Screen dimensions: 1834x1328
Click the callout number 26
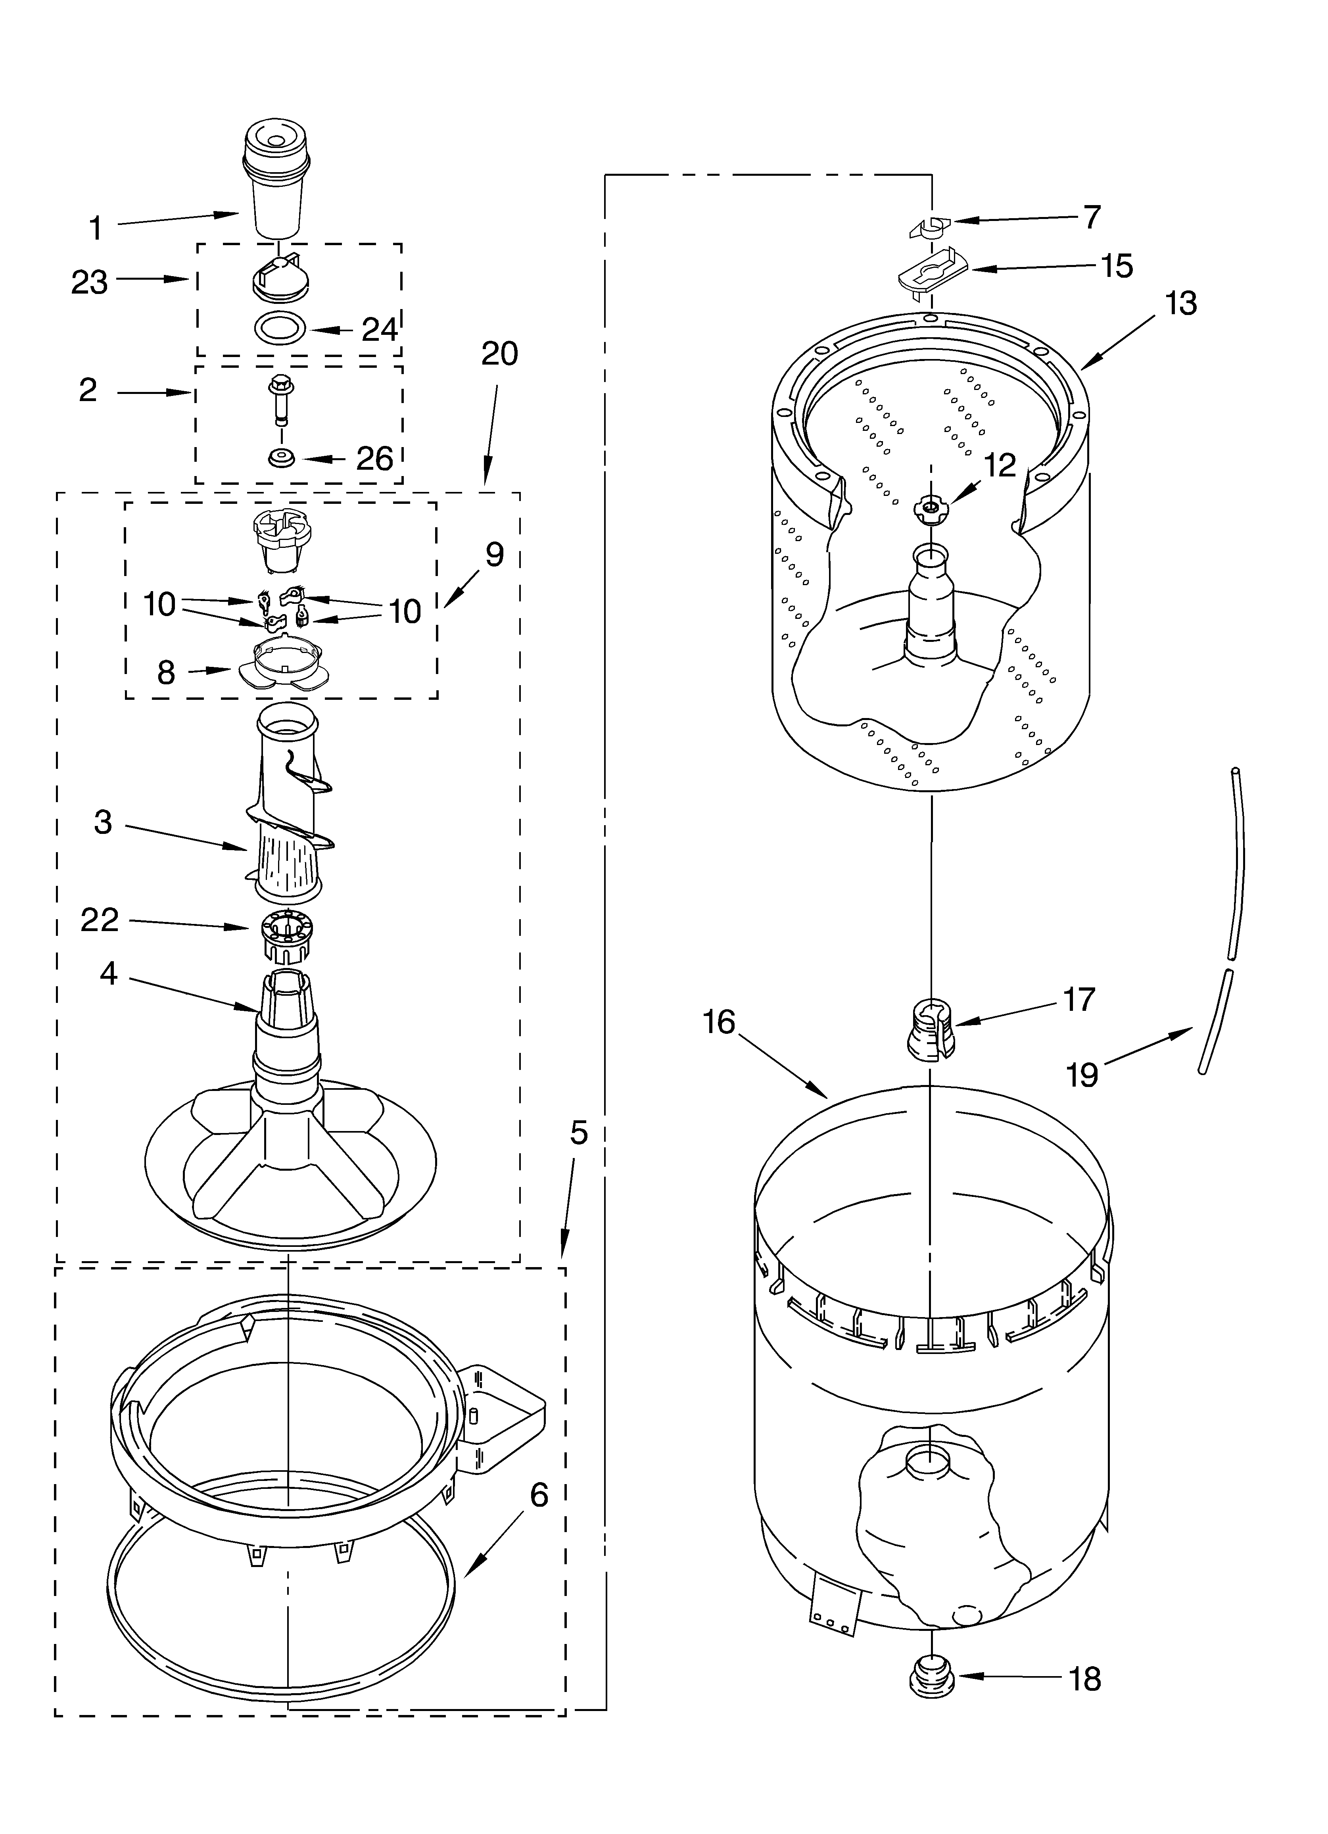(374, 459)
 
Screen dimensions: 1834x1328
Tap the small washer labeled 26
(282, 458)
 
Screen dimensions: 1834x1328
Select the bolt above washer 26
(280, 398)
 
